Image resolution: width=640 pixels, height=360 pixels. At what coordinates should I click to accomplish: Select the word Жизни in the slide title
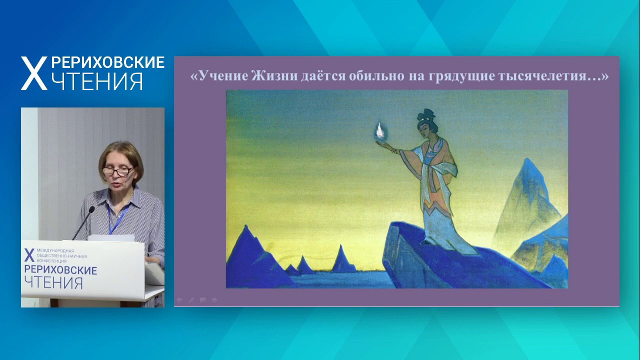275,76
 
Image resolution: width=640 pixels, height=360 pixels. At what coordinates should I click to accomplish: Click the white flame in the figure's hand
380,131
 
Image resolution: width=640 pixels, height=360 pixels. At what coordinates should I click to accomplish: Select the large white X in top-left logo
34,73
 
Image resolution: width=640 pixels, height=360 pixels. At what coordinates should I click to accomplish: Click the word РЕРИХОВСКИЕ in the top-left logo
107,62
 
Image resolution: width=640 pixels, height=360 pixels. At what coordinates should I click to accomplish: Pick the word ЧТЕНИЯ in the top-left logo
97,81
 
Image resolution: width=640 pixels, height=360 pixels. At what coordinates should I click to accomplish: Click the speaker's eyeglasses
117,171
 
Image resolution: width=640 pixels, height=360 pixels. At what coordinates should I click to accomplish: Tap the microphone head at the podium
91,210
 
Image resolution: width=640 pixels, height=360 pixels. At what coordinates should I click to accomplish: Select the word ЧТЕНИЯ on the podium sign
53,283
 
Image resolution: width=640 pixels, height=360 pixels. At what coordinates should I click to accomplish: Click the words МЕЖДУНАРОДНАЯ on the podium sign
55,250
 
